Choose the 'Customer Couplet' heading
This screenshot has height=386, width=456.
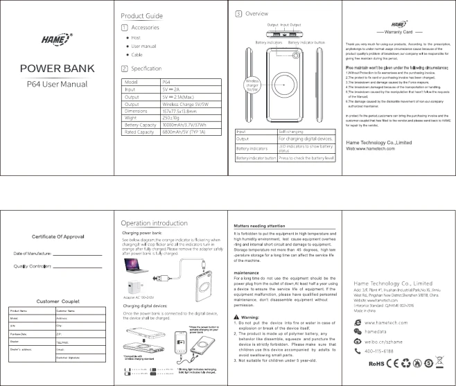[56, 301]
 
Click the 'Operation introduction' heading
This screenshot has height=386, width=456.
[153, 223]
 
